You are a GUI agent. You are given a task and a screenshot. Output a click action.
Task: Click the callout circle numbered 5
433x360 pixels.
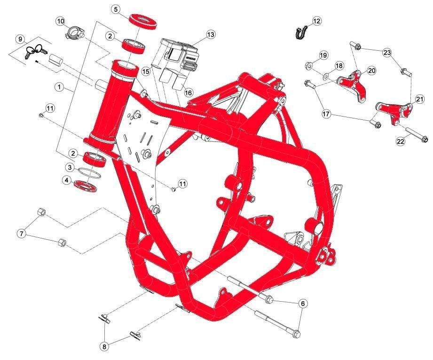tap(116, 9)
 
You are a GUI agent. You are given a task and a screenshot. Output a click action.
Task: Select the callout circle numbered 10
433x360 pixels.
tap(61, 21)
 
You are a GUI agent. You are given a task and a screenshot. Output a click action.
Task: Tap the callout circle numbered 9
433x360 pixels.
tap(20, 39)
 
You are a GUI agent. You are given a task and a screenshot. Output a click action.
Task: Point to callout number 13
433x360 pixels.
tap(211, 35)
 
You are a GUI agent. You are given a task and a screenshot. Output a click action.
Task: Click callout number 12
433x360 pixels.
tap(316, 21)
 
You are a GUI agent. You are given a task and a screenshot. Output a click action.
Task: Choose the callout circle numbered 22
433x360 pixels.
tap(400, 141)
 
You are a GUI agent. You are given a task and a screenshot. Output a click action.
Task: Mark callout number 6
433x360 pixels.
tap(303, 304)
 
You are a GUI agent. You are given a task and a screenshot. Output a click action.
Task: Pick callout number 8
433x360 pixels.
tap(104, 347)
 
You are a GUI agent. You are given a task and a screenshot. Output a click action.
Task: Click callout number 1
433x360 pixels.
tap(59, 87)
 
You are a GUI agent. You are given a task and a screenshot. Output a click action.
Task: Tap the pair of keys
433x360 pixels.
tap(36, 51)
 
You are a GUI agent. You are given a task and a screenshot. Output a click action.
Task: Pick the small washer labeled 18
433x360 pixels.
tap(326, 75)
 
